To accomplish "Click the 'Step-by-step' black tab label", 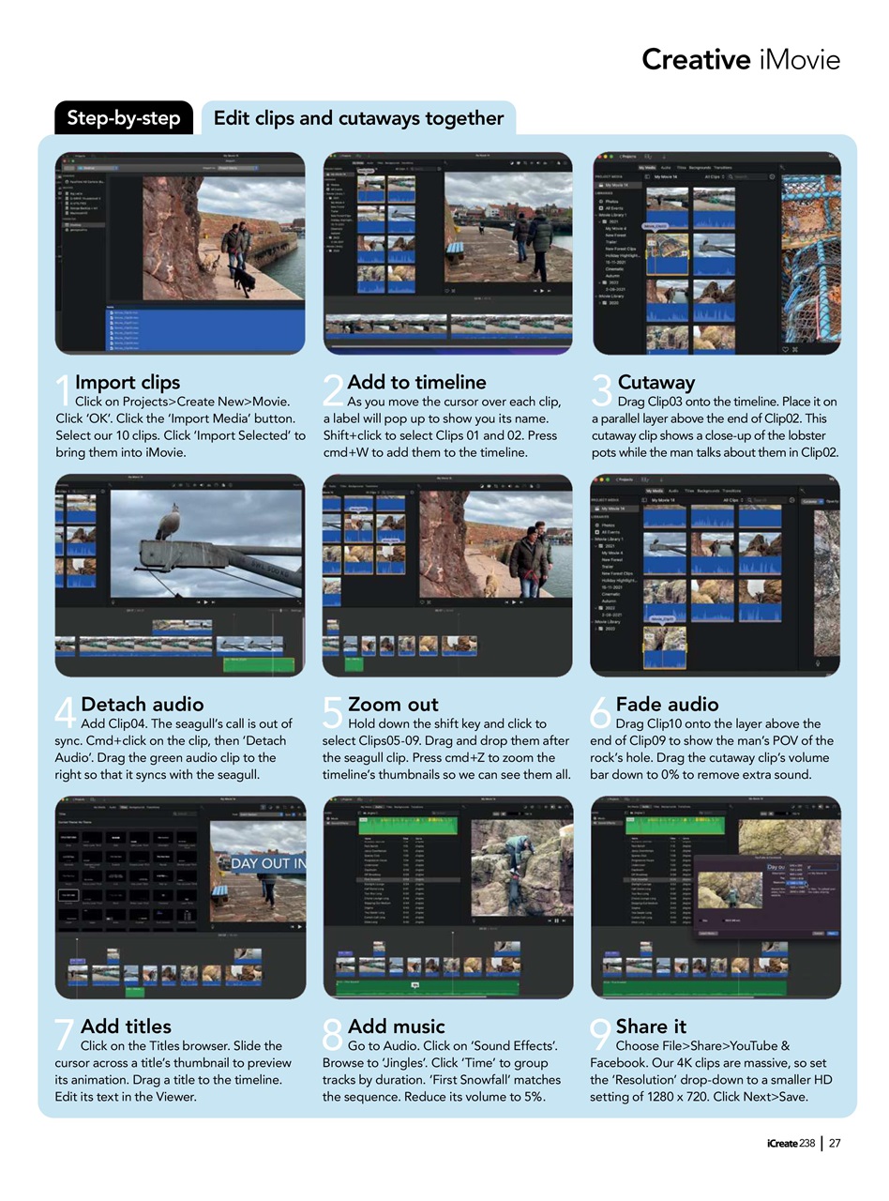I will click(x=124, y=119).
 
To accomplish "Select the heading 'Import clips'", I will click(x=128, y=382).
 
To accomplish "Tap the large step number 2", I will click(x=332, y=391).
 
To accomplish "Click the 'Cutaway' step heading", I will click(x=656, y=382).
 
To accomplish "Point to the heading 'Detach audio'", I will click(x=143, y=704).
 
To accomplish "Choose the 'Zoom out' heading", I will click(x=393, y=704).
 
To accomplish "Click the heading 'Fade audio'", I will click(x=668, y=704).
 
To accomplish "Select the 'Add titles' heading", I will click(x=126, y=1026).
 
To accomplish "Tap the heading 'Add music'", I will click(x=396, y=1026).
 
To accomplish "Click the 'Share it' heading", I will click(x=651, y=1026).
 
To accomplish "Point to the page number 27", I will click(x=835, y=1142).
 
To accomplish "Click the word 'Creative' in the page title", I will click(x=690, y=60).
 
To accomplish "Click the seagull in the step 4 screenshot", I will click(x=169, y=522).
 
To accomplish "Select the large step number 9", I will click(x=600, y=1036).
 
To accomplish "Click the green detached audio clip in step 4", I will click(x=257, y=664).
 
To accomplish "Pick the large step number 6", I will click(x=600, y=714).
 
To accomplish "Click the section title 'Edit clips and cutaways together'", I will click(x=358, y=118).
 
